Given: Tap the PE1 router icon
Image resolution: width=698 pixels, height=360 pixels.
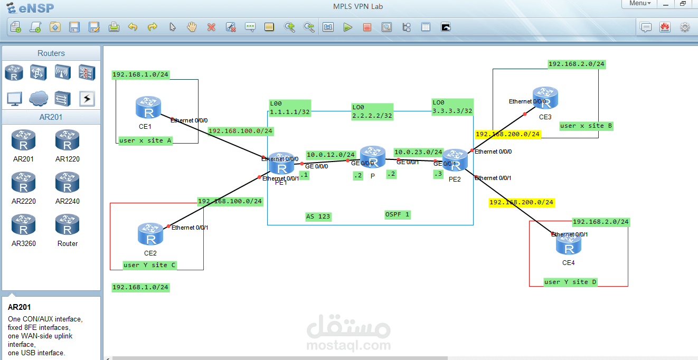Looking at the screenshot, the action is pos(281,164).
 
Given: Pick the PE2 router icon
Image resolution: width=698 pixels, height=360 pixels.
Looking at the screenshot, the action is pos(455,160).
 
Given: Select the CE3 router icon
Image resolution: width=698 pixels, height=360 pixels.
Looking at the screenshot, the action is pos(545,99).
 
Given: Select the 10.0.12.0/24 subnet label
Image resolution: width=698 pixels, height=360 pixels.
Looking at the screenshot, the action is pos(331,155).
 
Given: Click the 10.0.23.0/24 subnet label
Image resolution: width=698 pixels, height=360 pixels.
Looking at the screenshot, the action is pos(418,152).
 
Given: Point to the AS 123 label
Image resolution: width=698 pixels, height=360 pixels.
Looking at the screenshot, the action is pos(318,216).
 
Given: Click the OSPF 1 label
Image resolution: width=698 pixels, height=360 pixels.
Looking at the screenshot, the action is pos(398,214).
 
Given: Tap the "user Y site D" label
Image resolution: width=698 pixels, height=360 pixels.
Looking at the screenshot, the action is pos(570,282).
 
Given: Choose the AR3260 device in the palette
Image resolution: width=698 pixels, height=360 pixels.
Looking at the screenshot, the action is pos(23,225).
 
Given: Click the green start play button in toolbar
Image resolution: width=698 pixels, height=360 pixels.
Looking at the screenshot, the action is pos(347,27).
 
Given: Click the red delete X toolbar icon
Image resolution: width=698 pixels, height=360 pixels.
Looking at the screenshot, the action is pos(211,27).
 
